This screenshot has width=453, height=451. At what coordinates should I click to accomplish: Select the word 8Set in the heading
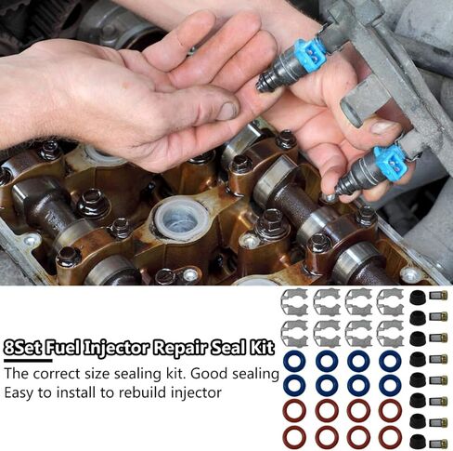(x=25, y=351)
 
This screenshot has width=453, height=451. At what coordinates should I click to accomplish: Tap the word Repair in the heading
(x=183, y=351)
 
